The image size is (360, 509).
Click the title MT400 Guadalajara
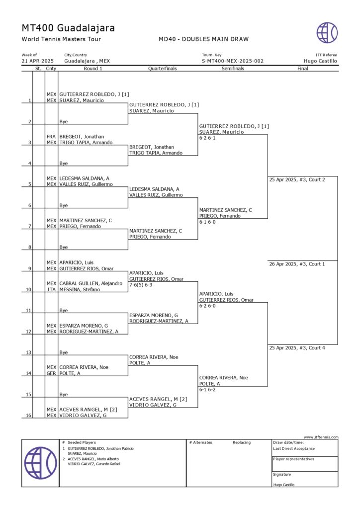click(x=68, y=28)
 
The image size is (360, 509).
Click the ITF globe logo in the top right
click(x=327, y=33)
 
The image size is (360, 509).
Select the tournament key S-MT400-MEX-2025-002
click(x=233, y=61)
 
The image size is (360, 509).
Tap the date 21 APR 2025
click(x=37, y=61)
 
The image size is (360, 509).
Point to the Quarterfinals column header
click(x=163, y=69)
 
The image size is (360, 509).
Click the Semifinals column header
click(x=233, y=69)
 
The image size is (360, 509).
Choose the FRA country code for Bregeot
click(x=51, y=136)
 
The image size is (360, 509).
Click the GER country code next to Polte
click(x=51, y=373)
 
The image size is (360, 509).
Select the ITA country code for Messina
click(x=51, y=289)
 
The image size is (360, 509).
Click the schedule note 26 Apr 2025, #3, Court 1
click(x=297, y=264)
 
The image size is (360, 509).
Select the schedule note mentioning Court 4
click(x=297, y=348)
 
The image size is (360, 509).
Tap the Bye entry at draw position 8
click(x=64, y=247)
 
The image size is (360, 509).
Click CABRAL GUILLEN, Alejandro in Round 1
click(x=90, y=283)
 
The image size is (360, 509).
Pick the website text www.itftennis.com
click(x=321, y=437)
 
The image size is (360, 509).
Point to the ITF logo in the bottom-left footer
click(x=41, y=463)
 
